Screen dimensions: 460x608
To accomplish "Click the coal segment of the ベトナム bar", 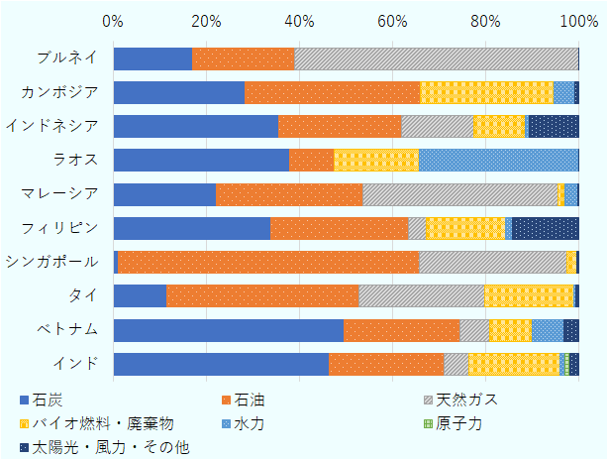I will click(228, 330).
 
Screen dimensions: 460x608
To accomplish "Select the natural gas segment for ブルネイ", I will click(436, 58).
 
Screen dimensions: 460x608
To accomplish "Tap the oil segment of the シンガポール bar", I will click(267, 262).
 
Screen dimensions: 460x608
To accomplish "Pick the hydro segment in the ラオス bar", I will click(498, 161).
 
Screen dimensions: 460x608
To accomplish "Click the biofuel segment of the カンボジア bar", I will click(486, 92).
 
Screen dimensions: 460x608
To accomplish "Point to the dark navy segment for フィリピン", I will click(545, 228).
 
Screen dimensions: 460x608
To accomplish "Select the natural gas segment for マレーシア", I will click(460, 194).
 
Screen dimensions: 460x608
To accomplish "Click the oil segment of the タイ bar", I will click(261, 296).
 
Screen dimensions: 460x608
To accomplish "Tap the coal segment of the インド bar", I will click(221, 364).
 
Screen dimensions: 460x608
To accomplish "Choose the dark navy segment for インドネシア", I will click(554, 126).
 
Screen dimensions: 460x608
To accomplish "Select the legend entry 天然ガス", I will click(465, 401).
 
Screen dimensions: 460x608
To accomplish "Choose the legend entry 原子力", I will click(459, 423).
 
